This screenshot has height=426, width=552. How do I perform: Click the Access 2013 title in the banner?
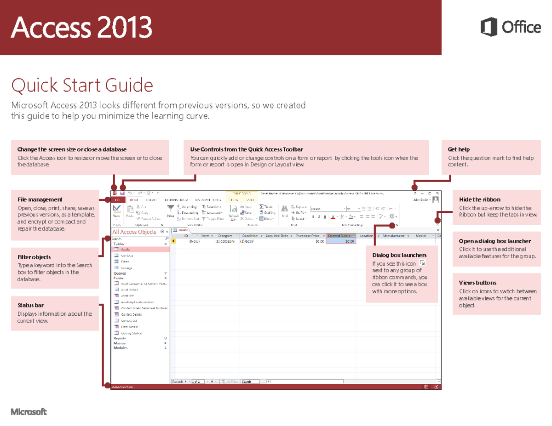coord(81,28)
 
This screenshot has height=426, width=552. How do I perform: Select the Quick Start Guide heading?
coord(82,85)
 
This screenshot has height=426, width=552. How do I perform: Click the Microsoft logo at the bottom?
coord(29,411)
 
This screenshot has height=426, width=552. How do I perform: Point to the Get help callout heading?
coord(459,149)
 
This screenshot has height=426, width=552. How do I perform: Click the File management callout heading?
coord(40,199)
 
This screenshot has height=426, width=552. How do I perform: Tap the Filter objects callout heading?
coord(34,257)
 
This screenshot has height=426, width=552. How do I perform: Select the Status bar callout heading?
coord(31,305)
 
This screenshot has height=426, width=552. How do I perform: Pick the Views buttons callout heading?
coord(477,283)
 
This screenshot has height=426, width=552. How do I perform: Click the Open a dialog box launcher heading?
coord(495,241)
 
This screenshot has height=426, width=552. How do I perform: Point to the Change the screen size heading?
coord(72,149)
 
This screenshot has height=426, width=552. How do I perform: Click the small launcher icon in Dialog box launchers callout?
coord(422,263)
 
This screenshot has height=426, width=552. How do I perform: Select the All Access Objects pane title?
coord(134,232)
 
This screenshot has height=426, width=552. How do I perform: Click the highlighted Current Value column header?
coord(340,236)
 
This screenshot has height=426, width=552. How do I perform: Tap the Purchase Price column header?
coord(308,236)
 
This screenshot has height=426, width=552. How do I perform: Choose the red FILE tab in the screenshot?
coord(118,200)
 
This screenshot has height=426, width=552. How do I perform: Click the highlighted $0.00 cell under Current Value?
coord(340,241)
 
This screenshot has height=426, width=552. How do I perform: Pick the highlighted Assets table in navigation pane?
coord(126,249)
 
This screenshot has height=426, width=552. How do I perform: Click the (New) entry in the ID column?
coord(194,241)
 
